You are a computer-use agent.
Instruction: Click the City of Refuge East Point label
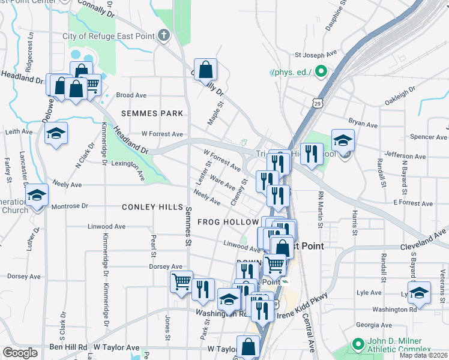pyautogui.click(x=107, y=36)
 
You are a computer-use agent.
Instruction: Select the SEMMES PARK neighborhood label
pyautogui.click(x=152, y=113)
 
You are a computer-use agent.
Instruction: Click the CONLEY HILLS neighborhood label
pyautogui.click(x=152, y=207)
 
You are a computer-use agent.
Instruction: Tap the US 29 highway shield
pyautogui.click(x=318, y=103)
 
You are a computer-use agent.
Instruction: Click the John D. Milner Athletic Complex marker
pyautogui.click(x=358, y=344)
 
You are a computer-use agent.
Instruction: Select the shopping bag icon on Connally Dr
pyautogui.click(x=205, y=70)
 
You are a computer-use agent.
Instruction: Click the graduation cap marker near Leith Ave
pyautogui.click(x=56, y=133)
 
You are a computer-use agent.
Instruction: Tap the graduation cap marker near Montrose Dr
pyautogui.click(x=37, y=195)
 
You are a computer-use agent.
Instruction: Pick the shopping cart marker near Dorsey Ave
pyautogui.click(x=181, y=281)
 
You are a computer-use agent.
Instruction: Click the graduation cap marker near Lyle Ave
pyautogui.click(x=419, y=292)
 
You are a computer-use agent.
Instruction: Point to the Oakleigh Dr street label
pyautogui.click(x=400, y=95)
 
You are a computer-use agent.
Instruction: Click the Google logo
pyautogui.click(x=20, y=352)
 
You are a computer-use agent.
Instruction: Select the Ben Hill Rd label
pyautogui.click(x=69, y=347)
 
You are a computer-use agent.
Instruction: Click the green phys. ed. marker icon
pyautogui.click(x=321, y=73)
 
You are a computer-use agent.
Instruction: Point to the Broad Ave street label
pyautogui.click(x=131, y=95)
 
